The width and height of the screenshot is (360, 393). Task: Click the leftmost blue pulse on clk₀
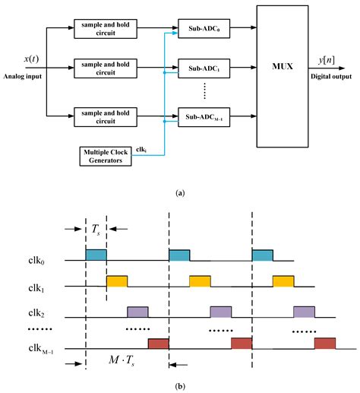click(96, 255)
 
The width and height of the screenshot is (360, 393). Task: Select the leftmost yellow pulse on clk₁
click(117, 280)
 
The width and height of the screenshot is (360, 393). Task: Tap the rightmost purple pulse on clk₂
click(304, 311)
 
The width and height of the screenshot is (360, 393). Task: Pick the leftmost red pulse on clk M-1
click(158, 344)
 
